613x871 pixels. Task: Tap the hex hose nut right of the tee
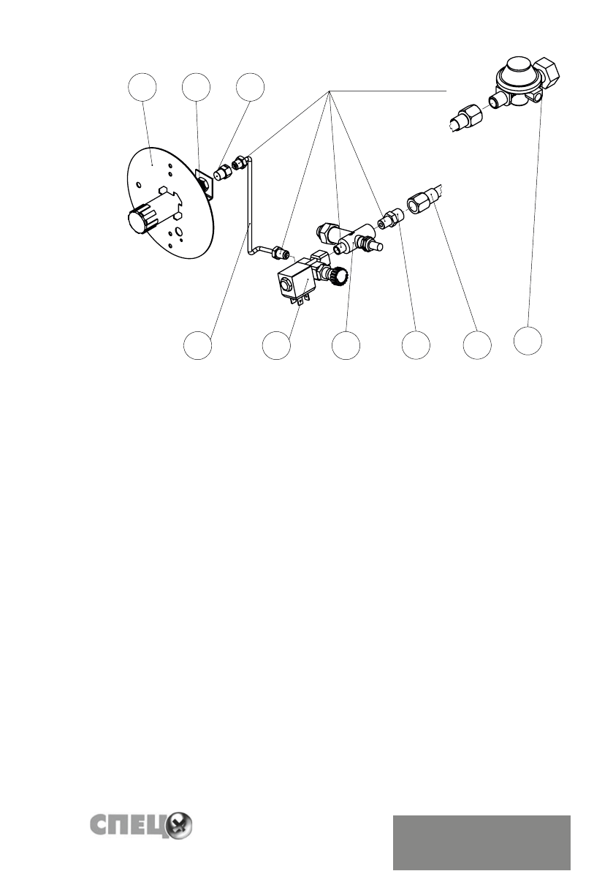click(x=422, y=201)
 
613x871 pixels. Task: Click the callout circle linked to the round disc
click(x=142, y=86)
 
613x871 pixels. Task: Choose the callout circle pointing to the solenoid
click(x=276, y=345)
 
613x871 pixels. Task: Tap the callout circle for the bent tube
click(x=197, y=345)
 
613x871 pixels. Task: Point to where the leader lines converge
click(x=330, y=91)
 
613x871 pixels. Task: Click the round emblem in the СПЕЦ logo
click(x=178, y=827)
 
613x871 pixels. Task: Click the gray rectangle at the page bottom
click(x=481, y=841)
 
